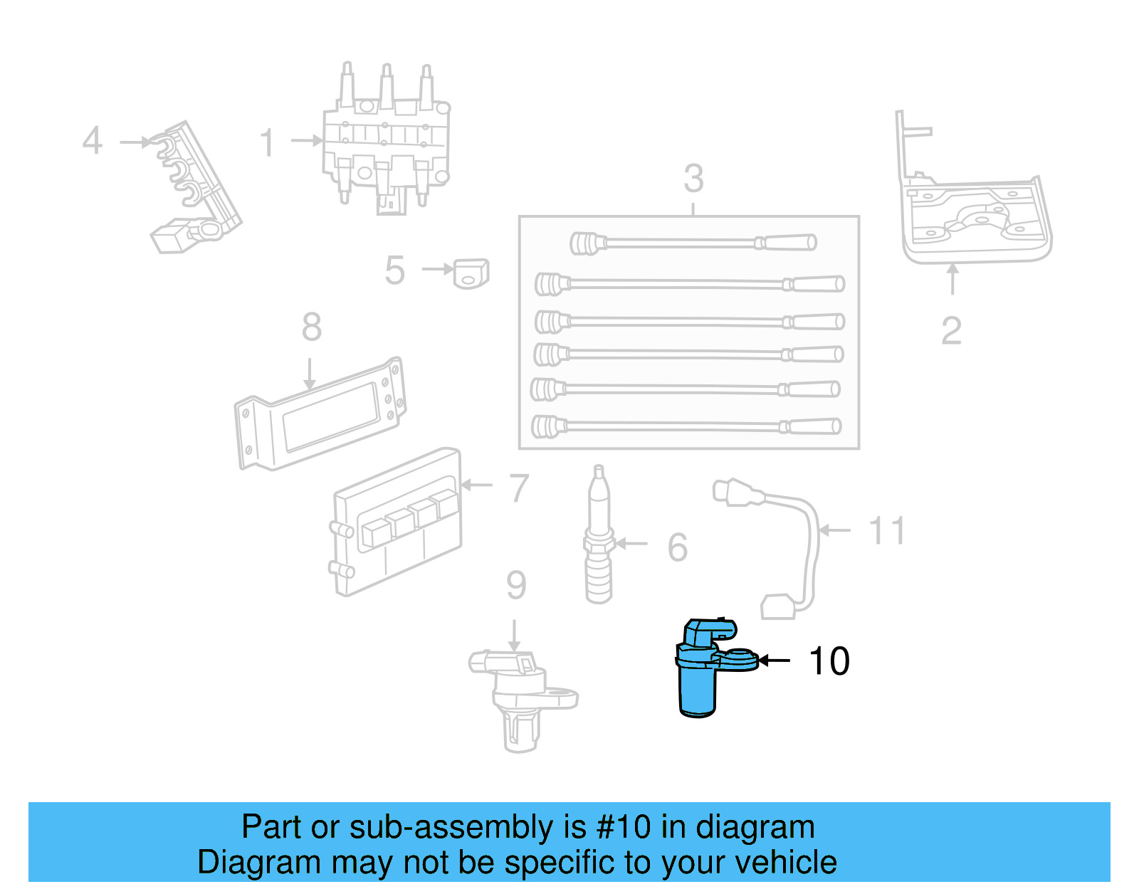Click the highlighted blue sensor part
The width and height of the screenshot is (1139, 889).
coord(700,673)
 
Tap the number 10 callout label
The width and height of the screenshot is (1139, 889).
coord(829,661)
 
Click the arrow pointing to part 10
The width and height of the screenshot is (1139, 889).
coord(775,661)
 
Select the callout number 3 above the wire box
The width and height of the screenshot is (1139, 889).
coord(693,179)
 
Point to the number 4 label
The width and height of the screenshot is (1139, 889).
coord(93,141)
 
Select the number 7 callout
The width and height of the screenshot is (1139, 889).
coord(520,489)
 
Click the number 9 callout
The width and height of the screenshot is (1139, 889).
coord(516,585)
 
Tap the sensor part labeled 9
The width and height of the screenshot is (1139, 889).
coord(520,698)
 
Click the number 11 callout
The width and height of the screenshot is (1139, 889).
coord(887,531)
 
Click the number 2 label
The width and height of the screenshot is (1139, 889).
coord(951,331)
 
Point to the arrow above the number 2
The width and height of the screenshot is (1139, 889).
coord(952,279)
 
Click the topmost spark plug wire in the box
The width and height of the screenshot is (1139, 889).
coord(693,243)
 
